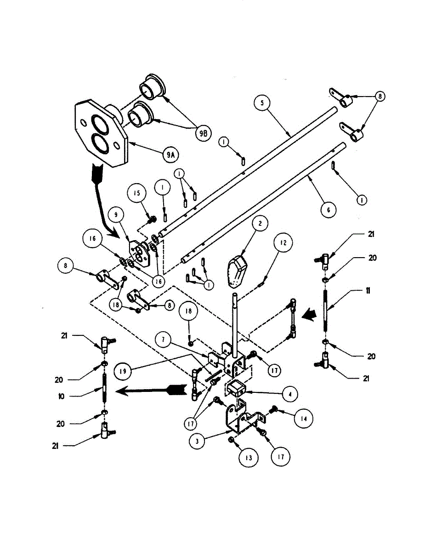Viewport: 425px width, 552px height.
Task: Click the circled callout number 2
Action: pyautogui.click(x=260, y=224)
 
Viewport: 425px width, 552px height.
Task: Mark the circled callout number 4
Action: pyautogui.click(x=290, y=394)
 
